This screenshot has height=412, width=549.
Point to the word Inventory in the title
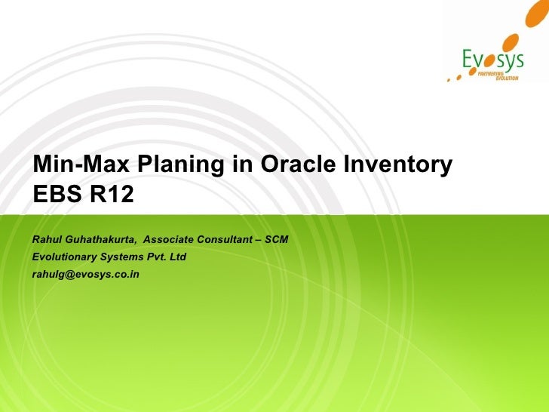[397, 164]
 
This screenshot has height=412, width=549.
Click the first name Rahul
[48, 239]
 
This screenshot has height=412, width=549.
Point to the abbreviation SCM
[275, 239]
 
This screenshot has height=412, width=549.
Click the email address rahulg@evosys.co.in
[86, 274]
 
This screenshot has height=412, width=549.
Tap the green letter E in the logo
[468, 58]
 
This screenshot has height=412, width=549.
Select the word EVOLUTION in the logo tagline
[507, 79]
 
